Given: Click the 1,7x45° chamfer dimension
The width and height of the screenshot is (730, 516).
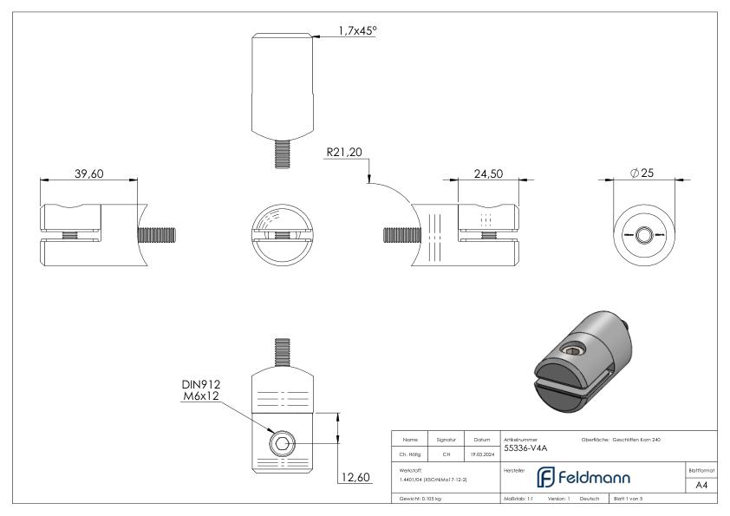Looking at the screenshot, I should (x=356, y=31).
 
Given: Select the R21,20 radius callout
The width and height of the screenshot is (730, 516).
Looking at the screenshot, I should (x=344, y=153).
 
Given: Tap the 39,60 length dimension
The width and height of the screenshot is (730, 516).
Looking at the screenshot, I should (x=89, y=173).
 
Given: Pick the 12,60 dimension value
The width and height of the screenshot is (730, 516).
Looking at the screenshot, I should (x=355, y=478).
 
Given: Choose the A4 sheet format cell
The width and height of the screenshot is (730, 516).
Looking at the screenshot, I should (x=703, y=486).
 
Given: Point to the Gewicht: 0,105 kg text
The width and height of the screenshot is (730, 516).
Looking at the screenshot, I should (x=421, y=500).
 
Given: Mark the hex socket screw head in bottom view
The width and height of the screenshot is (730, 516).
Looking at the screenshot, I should (x=282, y=444).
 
